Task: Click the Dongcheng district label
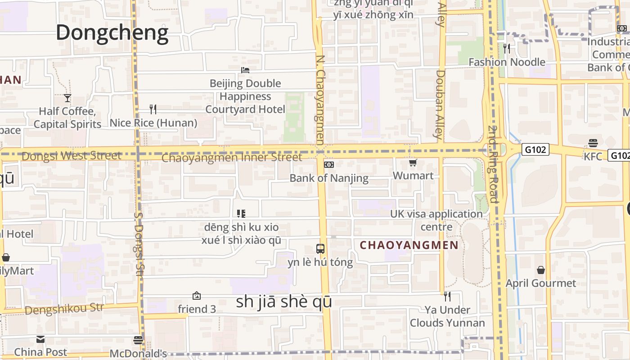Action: (x=112, y=32)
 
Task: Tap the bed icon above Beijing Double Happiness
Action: (x=245, y=70)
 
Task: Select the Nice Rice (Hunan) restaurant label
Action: (x=153, y=123)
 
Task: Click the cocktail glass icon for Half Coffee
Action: (x=67, y=98)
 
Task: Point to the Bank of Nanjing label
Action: (x=329, y=178)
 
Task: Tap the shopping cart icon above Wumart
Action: (x=413, y=163)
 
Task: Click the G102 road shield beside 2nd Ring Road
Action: (x=535, y=149)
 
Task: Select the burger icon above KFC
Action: (x=593, y=143)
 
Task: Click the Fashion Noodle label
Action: (x=507, y=62)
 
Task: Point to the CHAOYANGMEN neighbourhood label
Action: (x=409, y=245)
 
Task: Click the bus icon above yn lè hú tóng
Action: (x=320, y=248)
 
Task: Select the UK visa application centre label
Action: (x=436, y=220)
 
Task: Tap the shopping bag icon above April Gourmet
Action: (x=541, y=270)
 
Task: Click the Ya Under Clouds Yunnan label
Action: (x=447, y=316)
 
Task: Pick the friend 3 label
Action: (x=197, y=309)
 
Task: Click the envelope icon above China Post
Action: (x=40, y=339)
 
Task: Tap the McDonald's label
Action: (x=138, y=353)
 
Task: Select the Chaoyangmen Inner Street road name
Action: (x=232, y=157)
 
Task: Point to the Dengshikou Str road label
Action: (x=64, y=310)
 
